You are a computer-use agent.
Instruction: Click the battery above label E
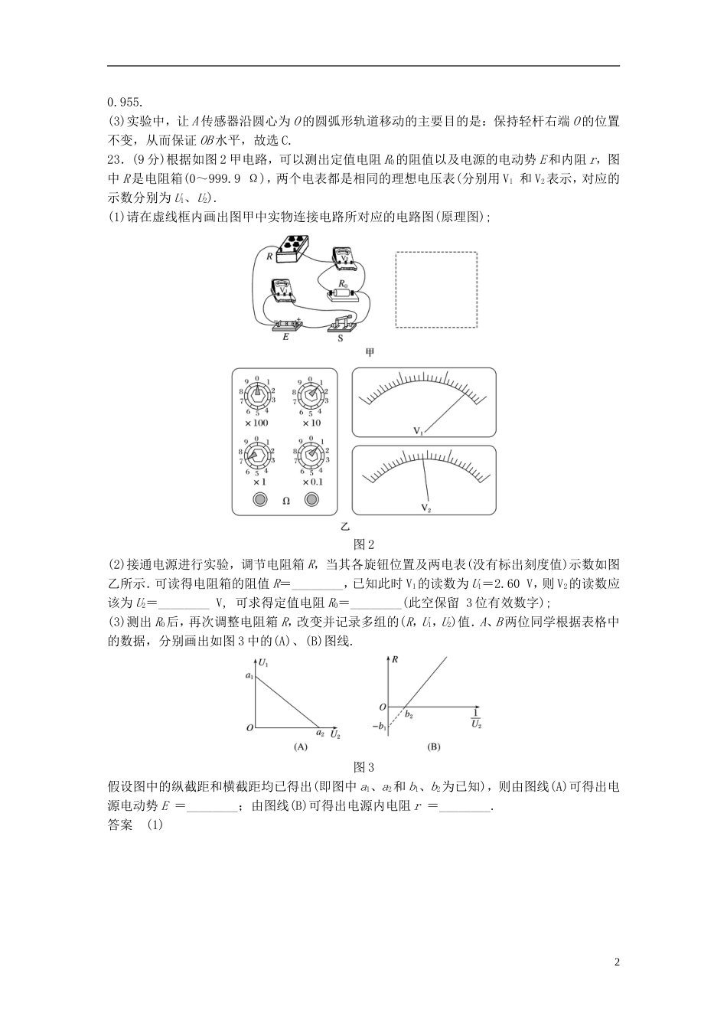coord(289,325)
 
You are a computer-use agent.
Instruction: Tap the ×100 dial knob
coord(258,394)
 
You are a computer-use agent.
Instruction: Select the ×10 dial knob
coord(311,394)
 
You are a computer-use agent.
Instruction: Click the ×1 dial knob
coord(258,454)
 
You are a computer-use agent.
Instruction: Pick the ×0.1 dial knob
coord(311,454)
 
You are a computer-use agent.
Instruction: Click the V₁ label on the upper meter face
coord(419,431)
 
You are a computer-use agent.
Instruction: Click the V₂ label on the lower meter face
coord(425,507)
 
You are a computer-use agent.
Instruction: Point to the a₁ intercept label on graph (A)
coord(249,675)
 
